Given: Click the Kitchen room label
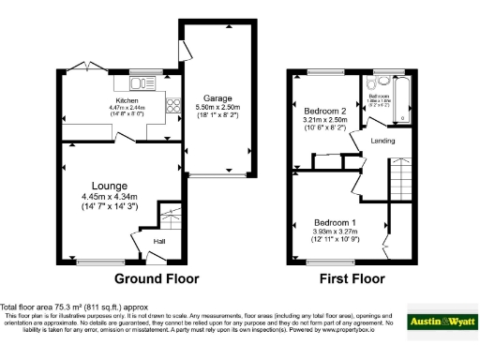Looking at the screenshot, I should click(127, 100).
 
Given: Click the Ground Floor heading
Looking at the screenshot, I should click(157, 279).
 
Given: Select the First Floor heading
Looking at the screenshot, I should click(354, 279).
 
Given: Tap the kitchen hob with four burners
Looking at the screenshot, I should click(173, 107).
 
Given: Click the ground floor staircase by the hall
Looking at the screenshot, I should click(169, 220).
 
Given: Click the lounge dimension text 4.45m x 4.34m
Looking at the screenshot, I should click(109, 196).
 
